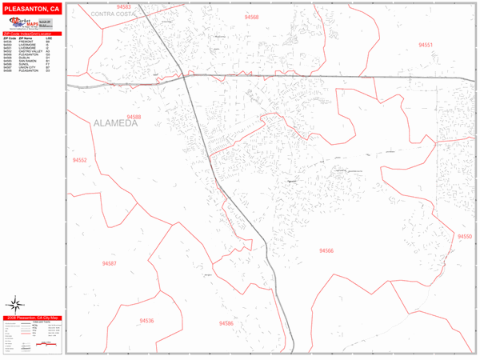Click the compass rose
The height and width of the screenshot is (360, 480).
15,303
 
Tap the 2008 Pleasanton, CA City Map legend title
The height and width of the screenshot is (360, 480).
34,318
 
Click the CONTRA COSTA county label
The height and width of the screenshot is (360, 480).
114,14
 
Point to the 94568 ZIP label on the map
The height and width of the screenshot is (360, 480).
251,17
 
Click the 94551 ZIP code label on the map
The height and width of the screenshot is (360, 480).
425,45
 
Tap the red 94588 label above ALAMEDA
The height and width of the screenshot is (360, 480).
134,117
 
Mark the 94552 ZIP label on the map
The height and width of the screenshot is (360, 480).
79,160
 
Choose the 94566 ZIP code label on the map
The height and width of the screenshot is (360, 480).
326,250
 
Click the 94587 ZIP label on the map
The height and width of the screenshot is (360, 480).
110,263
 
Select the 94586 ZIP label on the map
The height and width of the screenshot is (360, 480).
226,323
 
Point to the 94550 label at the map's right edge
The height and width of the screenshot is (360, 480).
465,237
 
